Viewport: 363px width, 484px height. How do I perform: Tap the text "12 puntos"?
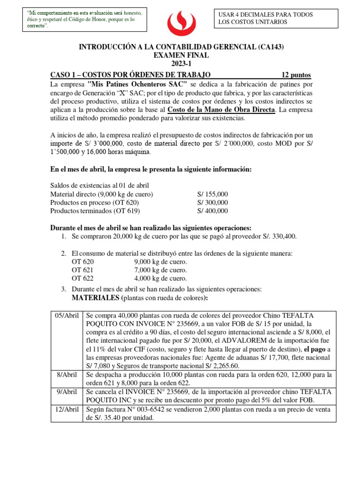[x=296, y=75]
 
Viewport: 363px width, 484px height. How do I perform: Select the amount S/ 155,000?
[x=212, y=194]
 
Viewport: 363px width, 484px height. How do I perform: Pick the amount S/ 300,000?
[x=212, y=202]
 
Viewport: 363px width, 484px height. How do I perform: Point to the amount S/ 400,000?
[x=212, y=211]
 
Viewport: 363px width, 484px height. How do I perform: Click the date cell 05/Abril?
[x=67, y=315]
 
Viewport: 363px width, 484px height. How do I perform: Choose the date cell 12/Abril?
[x=67, y=409]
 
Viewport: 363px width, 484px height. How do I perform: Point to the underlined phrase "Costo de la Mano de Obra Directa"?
[x=221, y=110]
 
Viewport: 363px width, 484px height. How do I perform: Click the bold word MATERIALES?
[x=95, y=298]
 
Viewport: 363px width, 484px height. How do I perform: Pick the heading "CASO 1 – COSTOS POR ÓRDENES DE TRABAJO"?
[x=130, y=75]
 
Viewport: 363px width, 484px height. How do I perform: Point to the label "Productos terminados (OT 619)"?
[x=95, y=211]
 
